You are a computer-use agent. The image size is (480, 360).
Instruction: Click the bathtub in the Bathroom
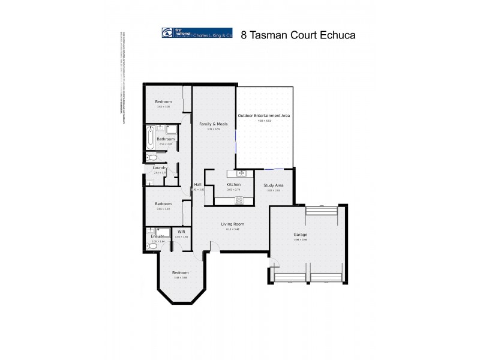[x=150, y=138]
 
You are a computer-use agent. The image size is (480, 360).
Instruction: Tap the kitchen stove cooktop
[x=239, y=200]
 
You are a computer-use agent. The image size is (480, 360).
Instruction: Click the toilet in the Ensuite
[x=151, y=245]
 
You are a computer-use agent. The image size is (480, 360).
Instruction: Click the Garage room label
[x=300, y=235]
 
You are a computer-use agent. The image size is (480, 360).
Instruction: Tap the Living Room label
[x=232, y=224]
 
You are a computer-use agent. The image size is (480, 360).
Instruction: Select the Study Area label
[x=274, y=185]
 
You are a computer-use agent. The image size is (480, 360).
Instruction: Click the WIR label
[x=181, y=232]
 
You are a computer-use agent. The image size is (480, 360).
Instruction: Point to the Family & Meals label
[x=214, y=124]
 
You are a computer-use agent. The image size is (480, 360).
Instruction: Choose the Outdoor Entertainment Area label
[x=264, y=115]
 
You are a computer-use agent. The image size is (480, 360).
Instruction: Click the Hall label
[x=197, y=184]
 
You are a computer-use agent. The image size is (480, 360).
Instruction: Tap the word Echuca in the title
[x=338, y=35]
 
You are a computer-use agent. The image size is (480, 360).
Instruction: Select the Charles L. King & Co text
[x=212, y=37]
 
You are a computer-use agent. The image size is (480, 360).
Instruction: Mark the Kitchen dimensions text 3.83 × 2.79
[x=233, y=190]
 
